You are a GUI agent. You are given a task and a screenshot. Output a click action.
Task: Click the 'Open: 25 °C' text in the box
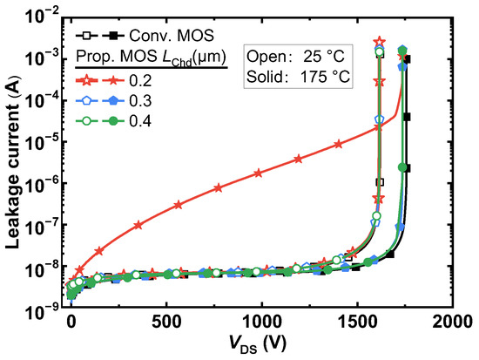296,57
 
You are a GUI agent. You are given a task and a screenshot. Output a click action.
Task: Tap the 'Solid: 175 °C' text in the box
296,77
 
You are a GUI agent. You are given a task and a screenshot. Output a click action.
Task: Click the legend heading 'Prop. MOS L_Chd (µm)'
149,58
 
